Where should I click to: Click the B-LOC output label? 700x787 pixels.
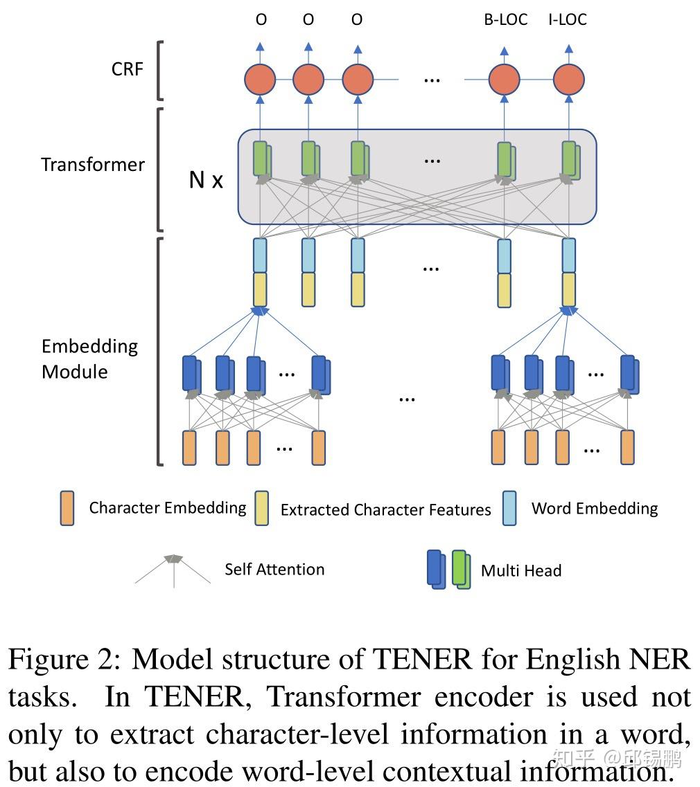pyautogui.click(x=505, y=19)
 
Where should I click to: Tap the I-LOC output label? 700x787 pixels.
pyautogui.click(x=567, y=19)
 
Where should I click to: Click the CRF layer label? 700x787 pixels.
pyautogui.click(x=127, y=69)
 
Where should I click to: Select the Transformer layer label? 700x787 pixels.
pyautogui.click(x=92, y=165)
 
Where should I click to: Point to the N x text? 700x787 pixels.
pyautogui.click(x=207, y=181)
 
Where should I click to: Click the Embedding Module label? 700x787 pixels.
pyautogui.click(x=89, y=359)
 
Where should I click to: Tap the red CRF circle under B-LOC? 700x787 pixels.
pyautogui.click(x=504, y=80)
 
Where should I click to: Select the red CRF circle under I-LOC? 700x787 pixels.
pyautogui.click(x=568, y=80)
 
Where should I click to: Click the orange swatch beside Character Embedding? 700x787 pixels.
pyautogui.click(x=67, y=509)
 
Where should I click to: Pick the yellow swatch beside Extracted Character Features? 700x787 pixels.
pyautogui.click(x=261, y=509)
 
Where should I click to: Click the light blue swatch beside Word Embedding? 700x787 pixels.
pyautogui.click(x=509, y=509)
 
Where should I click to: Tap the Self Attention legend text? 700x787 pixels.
pyautogui.click(x=274, y=570)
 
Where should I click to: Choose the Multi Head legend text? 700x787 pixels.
pyautogui.click(x=520, y=571)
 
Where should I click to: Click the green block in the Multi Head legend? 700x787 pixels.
pyautogui.click(x=460, y=569)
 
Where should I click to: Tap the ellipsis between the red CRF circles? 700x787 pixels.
pyautogui.click(x=431, y=80)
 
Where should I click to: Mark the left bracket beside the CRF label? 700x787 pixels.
pyautogui.click(x=161, y=69)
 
